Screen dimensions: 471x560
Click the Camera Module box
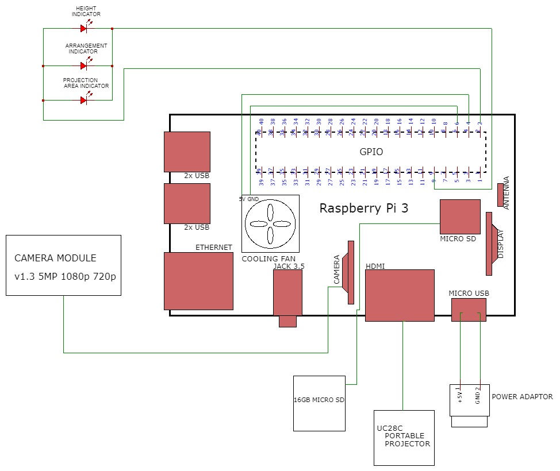[x=63, y=265]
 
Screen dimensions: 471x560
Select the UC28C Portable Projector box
[x=404, y=438]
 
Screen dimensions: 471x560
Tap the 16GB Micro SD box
[x=319, y=403]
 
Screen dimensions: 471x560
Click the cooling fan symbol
[x=270, y=224]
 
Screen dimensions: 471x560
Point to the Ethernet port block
[x=198, y=281]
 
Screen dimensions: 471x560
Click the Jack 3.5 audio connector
[x=287, y=293]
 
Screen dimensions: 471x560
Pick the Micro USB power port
[x=469, y=310]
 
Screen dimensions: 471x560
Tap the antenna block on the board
[x=501, y=195]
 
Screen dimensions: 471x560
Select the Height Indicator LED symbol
[x=84, y=28]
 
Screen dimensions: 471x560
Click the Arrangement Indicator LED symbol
[x=84, y=66]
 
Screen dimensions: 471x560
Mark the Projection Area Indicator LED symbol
[x=84, y=100]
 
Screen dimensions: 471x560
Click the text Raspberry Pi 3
[x=363, y=208]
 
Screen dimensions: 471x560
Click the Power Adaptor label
[x=522, y=396]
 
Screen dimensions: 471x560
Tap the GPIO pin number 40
[x=261, y=122]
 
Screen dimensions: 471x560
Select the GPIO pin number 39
[x=261, y=182]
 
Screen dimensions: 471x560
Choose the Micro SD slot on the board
[x=460, y=217]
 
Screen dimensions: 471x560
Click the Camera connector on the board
[x=348, y=272]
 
